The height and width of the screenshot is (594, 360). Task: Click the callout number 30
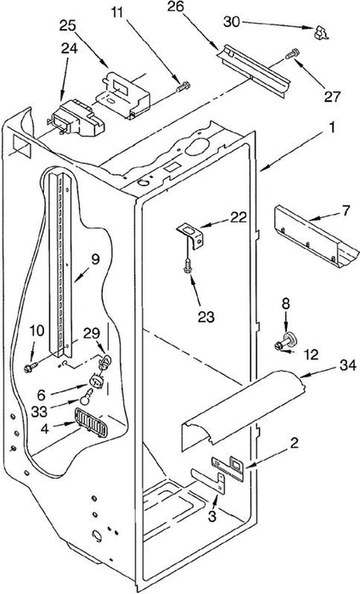232,22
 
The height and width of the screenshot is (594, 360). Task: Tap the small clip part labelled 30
321,32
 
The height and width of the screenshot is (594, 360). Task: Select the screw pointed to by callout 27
292,53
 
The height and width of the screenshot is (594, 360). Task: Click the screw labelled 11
183,87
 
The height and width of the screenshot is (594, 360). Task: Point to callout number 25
67,25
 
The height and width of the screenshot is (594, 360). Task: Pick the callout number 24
69,48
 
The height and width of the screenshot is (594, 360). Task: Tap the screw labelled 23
187,266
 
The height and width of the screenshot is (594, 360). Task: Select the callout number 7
345,211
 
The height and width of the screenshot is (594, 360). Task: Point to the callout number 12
311,355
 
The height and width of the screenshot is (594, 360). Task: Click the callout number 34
347,366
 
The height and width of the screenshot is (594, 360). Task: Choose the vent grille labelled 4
92,423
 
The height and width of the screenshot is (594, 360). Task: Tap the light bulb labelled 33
87,395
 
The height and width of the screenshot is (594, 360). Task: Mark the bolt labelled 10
31,367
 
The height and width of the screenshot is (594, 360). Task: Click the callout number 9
94,260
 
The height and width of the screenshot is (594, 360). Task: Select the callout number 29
92,333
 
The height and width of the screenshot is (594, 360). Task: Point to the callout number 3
212,516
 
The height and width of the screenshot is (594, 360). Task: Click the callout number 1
332,127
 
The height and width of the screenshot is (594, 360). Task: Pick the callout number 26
176,7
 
